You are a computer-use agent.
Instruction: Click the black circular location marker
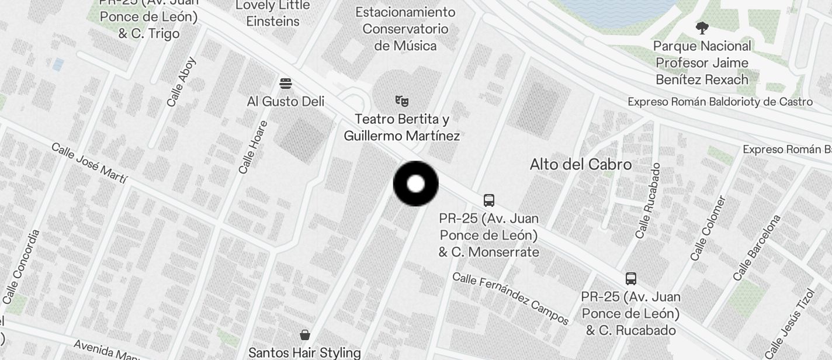point(415,184)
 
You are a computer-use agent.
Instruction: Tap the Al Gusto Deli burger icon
point(286,84)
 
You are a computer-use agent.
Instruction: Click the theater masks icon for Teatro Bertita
point(401,101)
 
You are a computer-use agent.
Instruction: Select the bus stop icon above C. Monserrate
point(489,200)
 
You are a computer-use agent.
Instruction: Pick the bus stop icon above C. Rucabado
point(631,278)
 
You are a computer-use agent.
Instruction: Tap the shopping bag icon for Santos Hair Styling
point(304,335)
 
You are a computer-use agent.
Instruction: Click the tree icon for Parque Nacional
point(702,27)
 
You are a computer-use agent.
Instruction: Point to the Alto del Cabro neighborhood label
point(580,164)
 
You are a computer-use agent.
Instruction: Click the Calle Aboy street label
point(181,82)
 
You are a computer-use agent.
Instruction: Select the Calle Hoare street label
point(253,147)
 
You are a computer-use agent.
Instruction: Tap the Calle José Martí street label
point(89,163)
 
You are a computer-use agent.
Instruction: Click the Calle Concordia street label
point(21,266)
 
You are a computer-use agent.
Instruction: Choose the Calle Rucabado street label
point(648,200)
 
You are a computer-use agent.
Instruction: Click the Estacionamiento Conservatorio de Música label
point(405,29)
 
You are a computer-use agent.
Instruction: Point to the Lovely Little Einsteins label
point(273,13)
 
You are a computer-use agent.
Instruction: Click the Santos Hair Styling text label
point(304,352)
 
